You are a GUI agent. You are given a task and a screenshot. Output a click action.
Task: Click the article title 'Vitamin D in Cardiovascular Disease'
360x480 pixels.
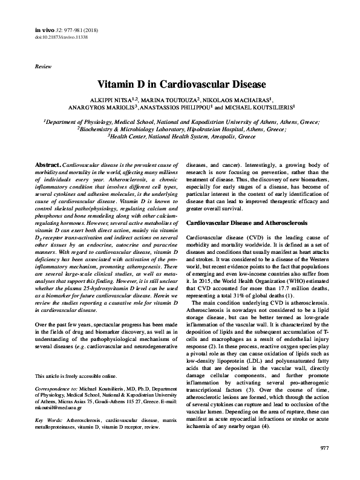click(x=180, y=83)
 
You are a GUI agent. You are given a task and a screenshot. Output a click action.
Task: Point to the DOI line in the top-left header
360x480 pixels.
click(x=60, y=36)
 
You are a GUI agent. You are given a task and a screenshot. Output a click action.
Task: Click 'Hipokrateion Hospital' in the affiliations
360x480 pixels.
click(x=211, y=129)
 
